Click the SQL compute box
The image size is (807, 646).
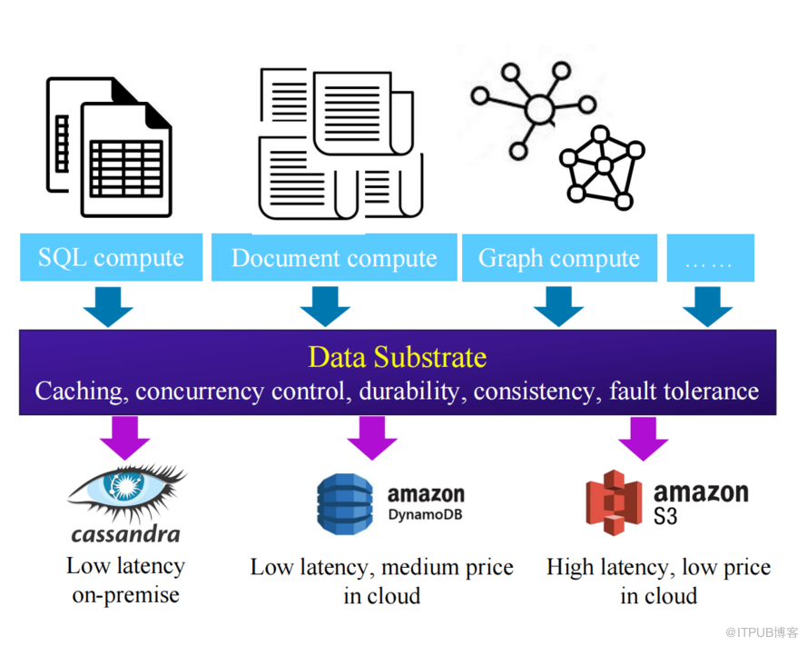click(x=111, y=257)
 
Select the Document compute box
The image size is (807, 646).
click(x=334, y=257)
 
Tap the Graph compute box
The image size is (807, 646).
click(x=559, y=257)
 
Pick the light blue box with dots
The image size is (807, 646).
click(x=710, y=257)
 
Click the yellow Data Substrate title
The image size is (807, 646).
click(x=398, y=357)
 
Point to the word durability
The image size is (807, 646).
click(x=409, y=392)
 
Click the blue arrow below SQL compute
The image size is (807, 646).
click(x=108, y=306)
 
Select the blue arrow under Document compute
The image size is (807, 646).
click(x=325, y=306)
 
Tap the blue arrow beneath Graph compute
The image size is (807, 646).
click(x=558, y=306)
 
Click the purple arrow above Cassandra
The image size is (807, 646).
click(x=125, y=438)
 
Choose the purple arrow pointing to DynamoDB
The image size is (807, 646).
click(x=372, y=438)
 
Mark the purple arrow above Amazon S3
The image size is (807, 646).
click(x=644, y=439)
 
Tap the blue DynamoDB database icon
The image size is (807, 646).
click(x=344, y=504)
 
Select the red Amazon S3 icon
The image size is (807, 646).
click(x=614, y=502)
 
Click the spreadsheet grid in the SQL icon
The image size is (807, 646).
click(x=126, y=169)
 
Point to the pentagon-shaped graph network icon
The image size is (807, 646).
click(x=602, y=167)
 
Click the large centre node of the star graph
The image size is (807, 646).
click(x=539, y=109)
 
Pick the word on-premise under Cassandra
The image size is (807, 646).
click(x=125, y=595)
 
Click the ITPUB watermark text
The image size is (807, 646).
click(x=762, y=632)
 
